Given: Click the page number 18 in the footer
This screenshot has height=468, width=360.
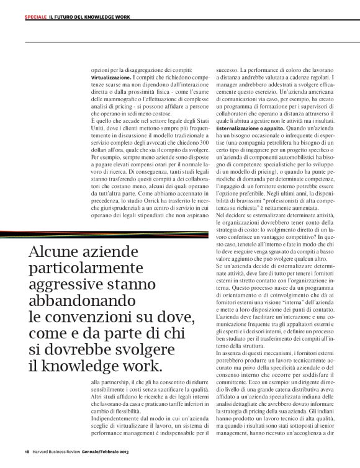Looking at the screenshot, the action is [x=27, y=451].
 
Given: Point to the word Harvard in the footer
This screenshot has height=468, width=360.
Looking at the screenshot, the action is [x=43, y=451].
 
